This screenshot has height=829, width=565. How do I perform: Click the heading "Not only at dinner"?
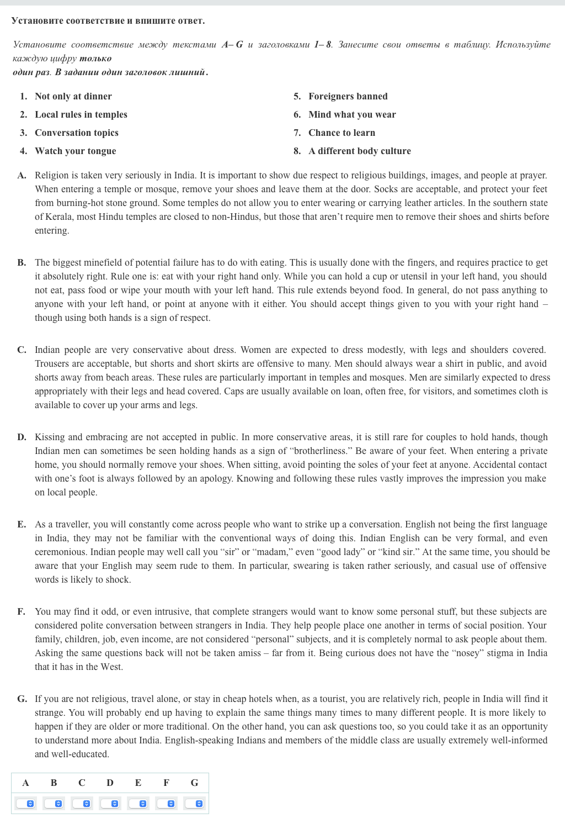click(x=73, y=96)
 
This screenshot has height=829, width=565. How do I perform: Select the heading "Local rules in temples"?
click(x=81, y=114)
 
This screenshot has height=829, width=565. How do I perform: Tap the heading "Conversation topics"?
click(x=76, y=133)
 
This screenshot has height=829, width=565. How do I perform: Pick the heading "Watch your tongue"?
click(x=75, y=151)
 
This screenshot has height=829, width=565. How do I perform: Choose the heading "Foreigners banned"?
click(x=348, y=96)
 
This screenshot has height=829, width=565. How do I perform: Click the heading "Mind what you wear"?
click(x=352, y=114)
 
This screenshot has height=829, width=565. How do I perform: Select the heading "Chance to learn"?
click(x=342, y=133)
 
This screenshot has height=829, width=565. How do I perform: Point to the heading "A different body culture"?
click(x=359, y=151)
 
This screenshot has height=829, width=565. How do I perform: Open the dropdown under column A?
click(x=25, y=804)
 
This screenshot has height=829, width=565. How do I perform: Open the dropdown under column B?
click(x=54, y=804)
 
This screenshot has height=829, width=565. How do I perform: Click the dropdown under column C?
click(x=82, y=804)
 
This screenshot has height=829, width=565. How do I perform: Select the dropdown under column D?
click(x=110, y=804)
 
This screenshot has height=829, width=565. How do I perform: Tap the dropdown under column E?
click(x=138, y=804)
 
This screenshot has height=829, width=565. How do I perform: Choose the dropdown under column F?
click(x=166, y=804)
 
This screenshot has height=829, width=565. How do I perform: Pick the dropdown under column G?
click(x=194, y=804)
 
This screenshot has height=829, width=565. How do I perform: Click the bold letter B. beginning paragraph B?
click(x=22, y=262)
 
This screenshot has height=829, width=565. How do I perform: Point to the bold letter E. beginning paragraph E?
click(x=22, y=524)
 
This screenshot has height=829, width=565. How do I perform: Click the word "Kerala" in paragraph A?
click(x=59, y=217)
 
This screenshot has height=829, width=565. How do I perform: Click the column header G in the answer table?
click(x=194, y=783)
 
